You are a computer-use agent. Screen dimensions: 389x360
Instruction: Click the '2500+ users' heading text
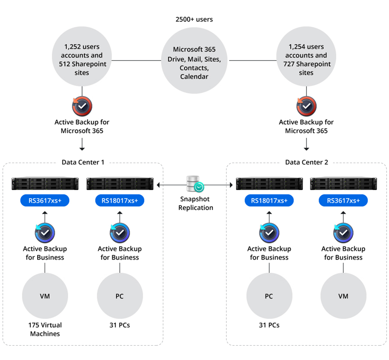click(194, 19)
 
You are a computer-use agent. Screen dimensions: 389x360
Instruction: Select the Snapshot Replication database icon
click(195, 184)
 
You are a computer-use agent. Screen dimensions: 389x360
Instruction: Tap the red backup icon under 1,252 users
click(82, 106)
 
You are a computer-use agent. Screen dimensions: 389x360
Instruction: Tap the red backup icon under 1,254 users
click(306, 106)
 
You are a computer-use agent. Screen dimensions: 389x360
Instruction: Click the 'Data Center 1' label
click(83, 162)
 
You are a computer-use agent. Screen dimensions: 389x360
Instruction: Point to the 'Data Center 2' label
click(306, 162)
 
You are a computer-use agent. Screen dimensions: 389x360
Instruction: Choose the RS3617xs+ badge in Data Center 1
click(45, 200)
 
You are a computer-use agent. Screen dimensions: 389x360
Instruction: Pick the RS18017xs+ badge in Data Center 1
click(120, 200)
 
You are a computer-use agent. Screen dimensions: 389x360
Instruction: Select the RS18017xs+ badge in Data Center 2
click(269, 200)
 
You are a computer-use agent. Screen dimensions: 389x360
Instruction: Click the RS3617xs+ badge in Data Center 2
click(343, 200)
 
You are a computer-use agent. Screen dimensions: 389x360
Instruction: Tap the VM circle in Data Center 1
click(45, 296)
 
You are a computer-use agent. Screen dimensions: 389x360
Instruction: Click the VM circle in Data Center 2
click(343, 296)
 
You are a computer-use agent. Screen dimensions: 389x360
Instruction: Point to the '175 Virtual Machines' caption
click(45, 329)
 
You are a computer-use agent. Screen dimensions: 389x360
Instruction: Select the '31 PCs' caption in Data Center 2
click(269, 325)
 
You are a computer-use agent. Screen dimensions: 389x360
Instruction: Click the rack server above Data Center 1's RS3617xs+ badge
click(45, 183)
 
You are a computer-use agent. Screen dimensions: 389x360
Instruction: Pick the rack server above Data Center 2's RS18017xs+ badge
click(269, 183)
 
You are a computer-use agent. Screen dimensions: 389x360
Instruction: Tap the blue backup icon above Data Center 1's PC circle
click(120, 233)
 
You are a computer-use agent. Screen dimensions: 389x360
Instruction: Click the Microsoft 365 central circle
click(194, 61)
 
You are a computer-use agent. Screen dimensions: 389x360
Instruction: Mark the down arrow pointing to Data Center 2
click(306, 144)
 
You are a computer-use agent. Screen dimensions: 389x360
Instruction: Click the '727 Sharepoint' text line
click(307, 64)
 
